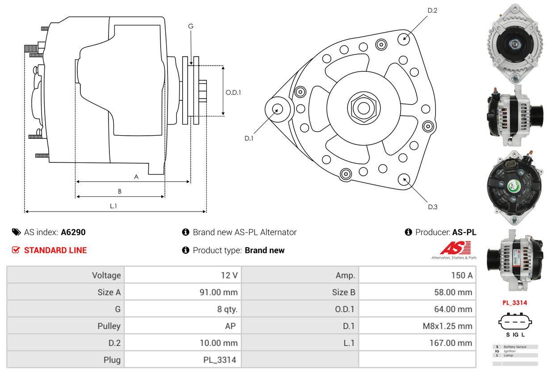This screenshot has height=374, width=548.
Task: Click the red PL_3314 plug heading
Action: [515, 303]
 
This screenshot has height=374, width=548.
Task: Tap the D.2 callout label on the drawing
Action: [432, 10]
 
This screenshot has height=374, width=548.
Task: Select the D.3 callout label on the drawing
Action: [432, 207]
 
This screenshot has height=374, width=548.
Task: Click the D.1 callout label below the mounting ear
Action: [249, 138]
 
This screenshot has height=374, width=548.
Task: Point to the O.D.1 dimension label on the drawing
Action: [233, 92]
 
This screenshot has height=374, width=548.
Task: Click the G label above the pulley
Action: [191, 26]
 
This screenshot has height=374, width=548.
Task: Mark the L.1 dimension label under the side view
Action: [113, 206]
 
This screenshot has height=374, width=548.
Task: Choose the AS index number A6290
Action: [73, 232]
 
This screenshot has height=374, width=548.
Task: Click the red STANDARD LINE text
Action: [55, 250]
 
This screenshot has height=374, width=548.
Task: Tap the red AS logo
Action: [455, 248]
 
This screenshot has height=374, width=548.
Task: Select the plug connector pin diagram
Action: [515, 322]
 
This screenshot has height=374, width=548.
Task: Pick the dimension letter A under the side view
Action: [136, 177]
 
